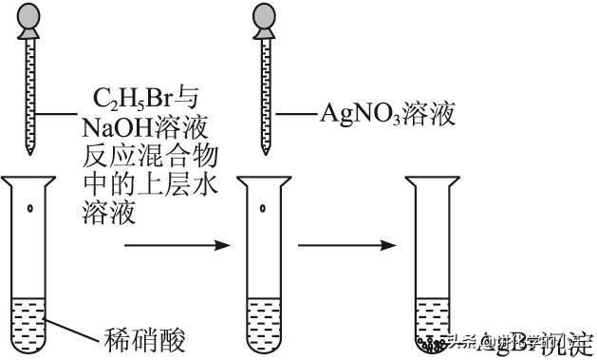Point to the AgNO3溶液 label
pyautogui.click(x=386, y=114)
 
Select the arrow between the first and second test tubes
pyautogui.click(x=178, y=246)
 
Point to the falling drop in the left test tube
pyautogui.click(x=30, y=208)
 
